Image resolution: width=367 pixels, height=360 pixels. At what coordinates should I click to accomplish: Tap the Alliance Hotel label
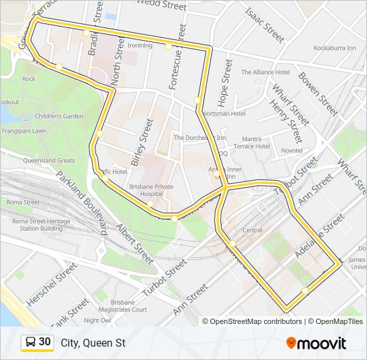265,72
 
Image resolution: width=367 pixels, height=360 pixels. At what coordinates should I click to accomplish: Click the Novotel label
292,151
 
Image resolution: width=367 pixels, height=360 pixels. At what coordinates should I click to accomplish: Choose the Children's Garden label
59,116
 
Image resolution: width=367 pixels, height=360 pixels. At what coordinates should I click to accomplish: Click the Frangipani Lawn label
23,131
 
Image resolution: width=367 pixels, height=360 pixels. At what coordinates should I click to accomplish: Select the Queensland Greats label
49,161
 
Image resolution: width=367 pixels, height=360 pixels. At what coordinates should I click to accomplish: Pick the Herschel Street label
51,285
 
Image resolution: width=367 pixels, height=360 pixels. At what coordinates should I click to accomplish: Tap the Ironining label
140,45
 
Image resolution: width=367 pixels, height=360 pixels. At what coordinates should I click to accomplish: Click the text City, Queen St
93,343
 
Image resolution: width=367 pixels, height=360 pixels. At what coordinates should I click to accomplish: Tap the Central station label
252,230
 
